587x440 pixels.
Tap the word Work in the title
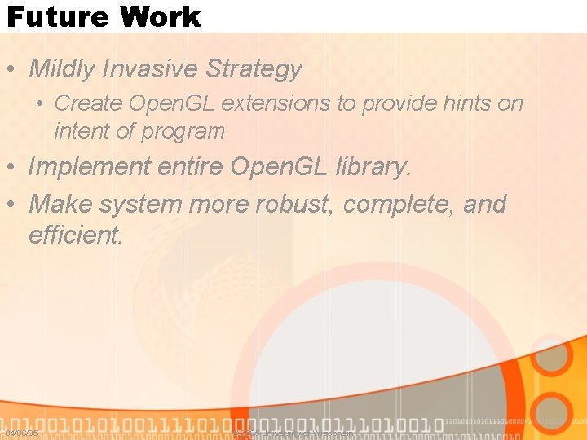159,16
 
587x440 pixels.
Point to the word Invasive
152,69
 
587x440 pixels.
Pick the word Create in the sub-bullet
86,103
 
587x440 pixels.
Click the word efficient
75,235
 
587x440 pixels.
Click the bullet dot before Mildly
13,70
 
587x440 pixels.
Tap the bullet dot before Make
13,204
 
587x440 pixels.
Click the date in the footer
21,433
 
